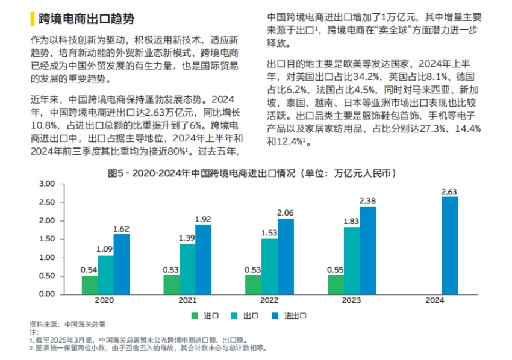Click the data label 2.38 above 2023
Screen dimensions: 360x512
(x=367, y=200)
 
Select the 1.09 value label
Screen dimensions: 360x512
(x=105, y=249)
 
